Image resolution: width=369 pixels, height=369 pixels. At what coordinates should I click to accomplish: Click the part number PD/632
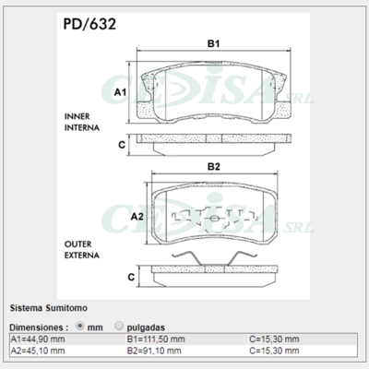tap(89, 25)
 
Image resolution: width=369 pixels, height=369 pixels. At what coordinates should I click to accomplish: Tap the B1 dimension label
tap(212, 43)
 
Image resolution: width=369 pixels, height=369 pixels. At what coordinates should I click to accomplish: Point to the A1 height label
tap(119, 93)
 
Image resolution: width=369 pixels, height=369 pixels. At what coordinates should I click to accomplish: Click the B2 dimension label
tap(212, 166)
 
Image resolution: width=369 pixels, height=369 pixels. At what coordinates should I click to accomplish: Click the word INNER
tap(77, 117)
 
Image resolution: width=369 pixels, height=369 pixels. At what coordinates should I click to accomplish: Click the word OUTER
tap(77, 242)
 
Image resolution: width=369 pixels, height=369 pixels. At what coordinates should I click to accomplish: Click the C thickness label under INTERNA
tap(121, 145)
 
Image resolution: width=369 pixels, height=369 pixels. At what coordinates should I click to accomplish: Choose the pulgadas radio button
tap(119, 326)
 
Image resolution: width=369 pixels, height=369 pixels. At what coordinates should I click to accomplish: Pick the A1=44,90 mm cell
tap(39, 339)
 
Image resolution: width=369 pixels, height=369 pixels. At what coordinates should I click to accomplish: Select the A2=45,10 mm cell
tap(39, 351)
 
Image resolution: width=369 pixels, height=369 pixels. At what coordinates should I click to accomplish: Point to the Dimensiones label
tap(39, 327)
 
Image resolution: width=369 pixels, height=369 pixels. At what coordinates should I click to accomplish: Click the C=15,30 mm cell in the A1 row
tap(274, 339)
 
